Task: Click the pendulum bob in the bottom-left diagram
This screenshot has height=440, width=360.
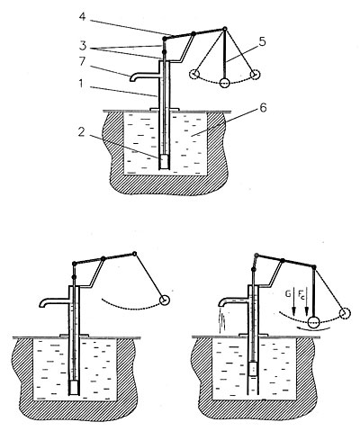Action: (x=165, y=300)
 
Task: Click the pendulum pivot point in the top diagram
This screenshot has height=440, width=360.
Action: (x=223, y=31)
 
